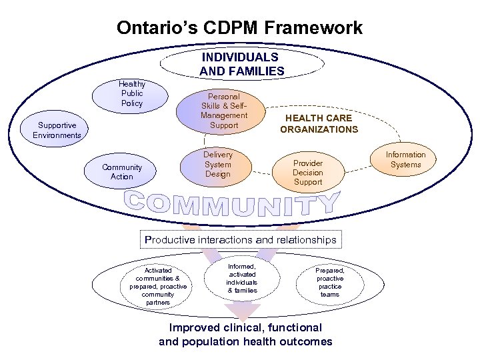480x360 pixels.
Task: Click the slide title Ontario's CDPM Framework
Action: tap(239, 28)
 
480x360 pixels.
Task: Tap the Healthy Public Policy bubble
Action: tap(132, 94)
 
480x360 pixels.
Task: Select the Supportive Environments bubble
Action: tap(57, 130)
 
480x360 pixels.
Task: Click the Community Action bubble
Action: tap(122, 172)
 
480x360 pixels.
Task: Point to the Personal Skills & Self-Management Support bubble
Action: tap(223, 111)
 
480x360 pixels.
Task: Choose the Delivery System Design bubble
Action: tap(217, 165)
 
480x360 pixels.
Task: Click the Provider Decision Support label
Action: tap(307, 172)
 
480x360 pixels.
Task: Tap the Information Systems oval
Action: tap(405, 159)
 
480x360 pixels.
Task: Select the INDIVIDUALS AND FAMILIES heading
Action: tap(241, 64)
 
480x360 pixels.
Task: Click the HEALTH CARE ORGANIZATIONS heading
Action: tap(319, 123)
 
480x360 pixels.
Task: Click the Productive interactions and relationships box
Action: tap(240, 239)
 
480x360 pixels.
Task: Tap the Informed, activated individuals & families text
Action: tap(242, 278)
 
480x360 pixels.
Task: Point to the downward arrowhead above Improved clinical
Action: tap(242, 311)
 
